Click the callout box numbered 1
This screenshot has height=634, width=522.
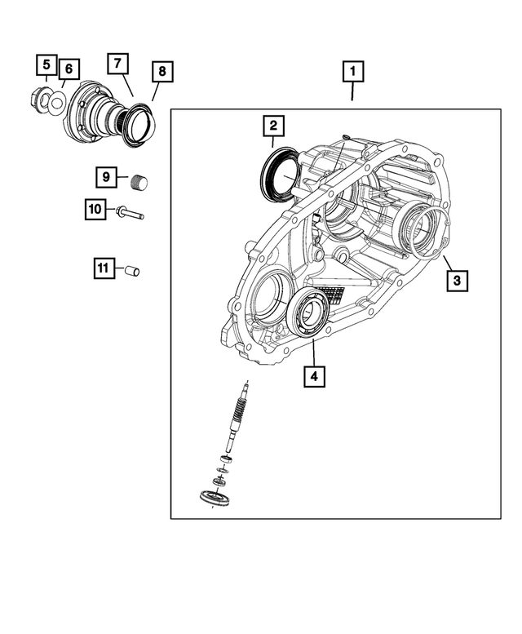coord(352,72)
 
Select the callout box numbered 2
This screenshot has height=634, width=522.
coord(272,126)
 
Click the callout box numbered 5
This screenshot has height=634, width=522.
coord(46,64)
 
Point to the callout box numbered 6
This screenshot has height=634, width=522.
coord(68,69)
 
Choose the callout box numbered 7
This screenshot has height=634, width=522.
coord(117,64)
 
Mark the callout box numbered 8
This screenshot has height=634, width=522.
coord(161,72)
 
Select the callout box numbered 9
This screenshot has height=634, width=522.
coord(105,176)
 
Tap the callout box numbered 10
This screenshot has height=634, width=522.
coord(95,211)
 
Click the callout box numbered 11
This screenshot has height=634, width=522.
coord(103,268)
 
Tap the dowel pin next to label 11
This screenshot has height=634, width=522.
coord(132,270)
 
